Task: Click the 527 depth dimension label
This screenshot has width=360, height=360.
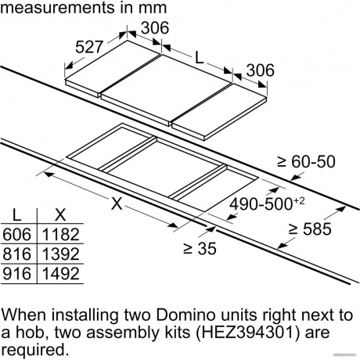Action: pyautogui.click(x=89, y=47)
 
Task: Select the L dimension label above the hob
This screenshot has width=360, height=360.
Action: pyautogui.click(x=199, y=58)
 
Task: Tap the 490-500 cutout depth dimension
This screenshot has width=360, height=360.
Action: pyautogui.click(x=267, y=203)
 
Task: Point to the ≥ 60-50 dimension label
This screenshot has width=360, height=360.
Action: pyautogui.click(x=306, y=161)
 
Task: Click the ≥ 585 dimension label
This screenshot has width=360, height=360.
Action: pyautogui.click(x=310, y=229)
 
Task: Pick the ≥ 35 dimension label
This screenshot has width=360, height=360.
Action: pyautogui.click(x=200, y=248)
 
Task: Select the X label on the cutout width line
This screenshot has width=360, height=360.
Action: pyautogui.click(x=117, y=203)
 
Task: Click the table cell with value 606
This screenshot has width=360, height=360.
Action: pyautogui.click(x=16, y=234)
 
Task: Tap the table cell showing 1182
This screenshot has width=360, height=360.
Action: pyautogui.click(x=60, y=234)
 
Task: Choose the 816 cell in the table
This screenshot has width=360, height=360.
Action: pyautogui.click(x=16, y=254)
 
